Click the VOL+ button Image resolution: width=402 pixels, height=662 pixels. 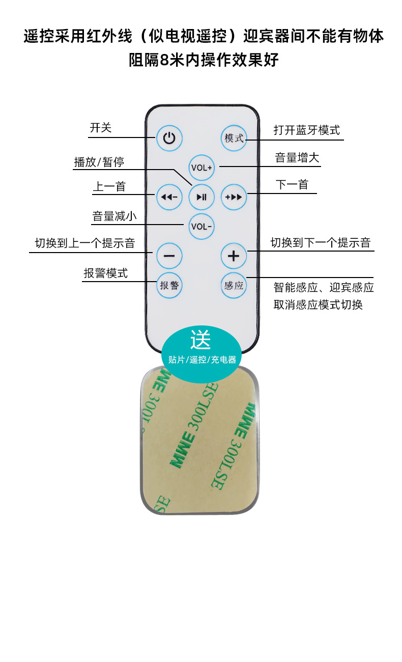pos(202,167)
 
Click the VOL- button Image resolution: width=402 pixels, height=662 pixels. pos(202,226)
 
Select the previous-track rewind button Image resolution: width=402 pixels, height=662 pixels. pos(169,197)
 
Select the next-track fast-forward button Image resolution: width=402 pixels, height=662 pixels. pos(234,197)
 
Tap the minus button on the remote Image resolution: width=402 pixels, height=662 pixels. pos(169,256)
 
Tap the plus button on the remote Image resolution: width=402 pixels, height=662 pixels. pos(234,256)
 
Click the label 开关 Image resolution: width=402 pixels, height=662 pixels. pos(101,128)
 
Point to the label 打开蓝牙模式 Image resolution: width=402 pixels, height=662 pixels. pos(306,130)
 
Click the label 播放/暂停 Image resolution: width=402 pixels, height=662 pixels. pos(99,162)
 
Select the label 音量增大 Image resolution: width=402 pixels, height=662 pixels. pos(297,158)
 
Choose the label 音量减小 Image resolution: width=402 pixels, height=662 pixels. pos(114,216)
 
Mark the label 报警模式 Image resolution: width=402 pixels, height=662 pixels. pos(106,273)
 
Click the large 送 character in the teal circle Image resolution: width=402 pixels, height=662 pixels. pos(200,339)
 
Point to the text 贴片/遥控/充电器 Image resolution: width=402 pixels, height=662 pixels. pos(202,360)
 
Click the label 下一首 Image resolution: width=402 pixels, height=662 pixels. pos(292,184)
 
